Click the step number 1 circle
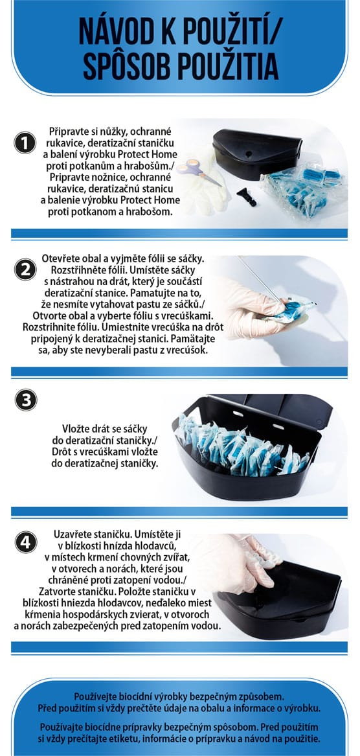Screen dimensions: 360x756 tap(25, 143)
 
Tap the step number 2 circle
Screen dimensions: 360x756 tap(25, 269)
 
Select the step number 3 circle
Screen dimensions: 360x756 tap(25, 400)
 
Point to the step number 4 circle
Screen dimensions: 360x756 tap(25, 542)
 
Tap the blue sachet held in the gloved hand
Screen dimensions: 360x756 tap(291, 310)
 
